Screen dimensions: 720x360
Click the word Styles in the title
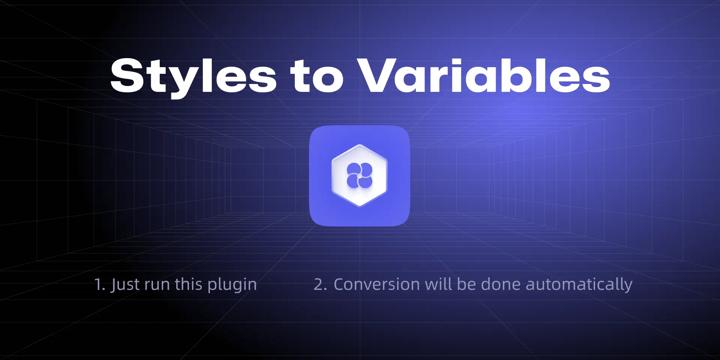click(x=193, y=76)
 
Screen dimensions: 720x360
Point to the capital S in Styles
click(x=127, y=75)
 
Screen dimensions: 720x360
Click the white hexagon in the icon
click(x=360, y=175)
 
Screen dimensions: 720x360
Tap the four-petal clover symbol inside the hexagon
click(x=360, y=175)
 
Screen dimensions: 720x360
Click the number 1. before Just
click(x=99, y=285)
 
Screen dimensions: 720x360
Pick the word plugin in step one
click(x=232, y=285)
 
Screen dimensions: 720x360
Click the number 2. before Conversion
click(x=320, y=285)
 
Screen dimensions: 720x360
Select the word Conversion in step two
click(x=377, y=284)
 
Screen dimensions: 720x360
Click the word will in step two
click(x=439, y=284)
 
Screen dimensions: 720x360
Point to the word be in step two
click(x=466, y=284)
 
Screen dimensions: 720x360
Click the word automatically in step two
click(x=579, y=285)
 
